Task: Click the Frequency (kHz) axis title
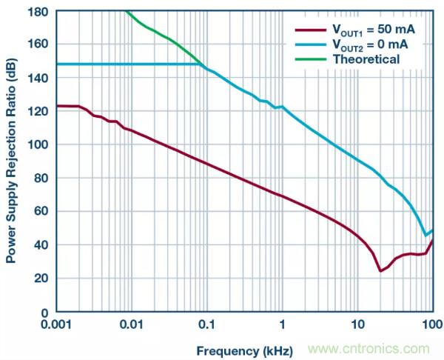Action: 244,349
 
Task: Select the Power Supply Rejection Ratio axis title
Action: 13,161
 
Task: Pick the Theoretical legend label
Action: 365,59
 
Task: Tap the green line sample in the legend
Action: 310,59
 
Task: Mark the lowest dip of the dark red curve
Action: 380,270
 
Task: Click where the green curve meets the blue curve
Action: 202,64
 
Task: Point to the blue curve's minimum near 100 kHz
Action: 425,236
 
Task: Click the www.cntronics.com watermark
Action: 367,349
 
